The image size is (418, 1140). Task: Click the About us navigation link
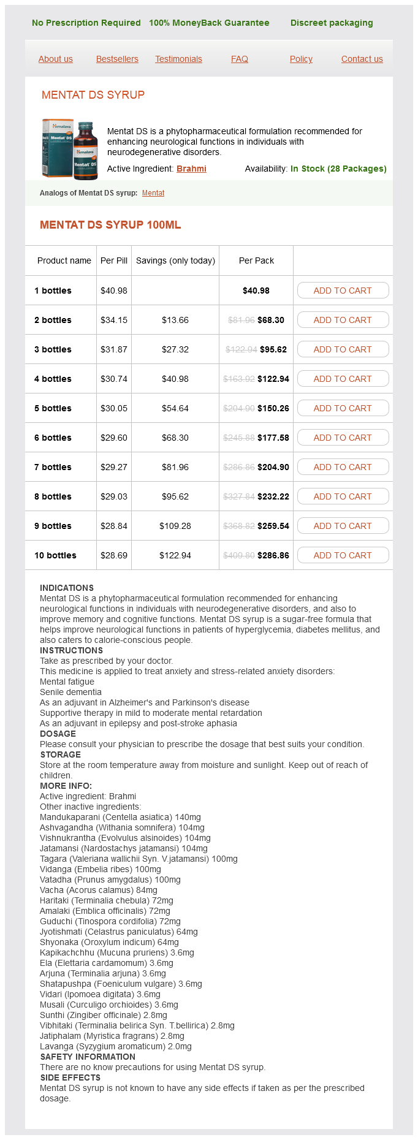tap(55, 59)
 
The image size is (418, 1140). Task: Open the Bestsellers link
tap(117, 59)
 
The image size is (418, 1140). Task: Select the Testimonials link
tap(178, 59)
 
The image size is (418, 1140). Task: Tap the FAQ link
tap(240, 59)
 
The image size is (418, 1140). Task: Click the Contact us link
tap(362, 59)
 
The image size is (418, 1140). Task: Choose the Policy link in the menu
tap(301, 59)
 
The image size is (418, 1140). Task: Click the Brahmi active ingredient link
tap(191, 169)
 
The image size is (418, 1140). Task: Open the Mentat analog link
tap(153, 193)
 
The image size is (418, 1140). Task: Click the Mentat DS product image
tap(70, 149)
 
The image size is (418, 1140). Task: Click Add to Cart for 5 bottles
tap(343, 408)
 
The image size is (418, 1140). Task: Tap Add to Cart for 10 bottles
tap(343, 555)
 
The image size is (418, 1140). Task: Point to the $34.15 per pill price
tap(114, 320)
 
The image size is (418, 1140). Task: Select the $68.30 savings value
tap(175, 438)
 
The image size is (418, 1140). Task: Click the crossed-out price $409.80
tap(239, 555)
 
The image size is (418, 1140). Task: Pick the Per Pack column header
tap(256, 260)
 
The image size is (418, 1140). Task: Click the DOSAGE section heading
tap(58, 734)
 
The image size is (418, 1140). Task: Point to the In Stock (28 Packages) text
tap(338, 169)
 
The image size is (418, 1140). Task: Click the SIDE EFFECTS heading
tap(70, 1077)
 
